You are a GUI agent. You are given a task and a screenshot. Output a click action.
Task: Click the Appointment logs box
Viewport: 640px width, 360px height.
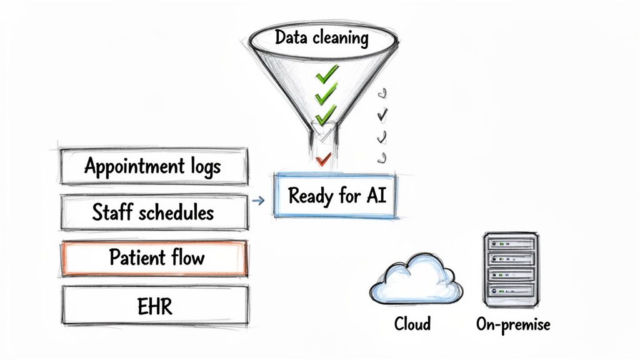(153, 166)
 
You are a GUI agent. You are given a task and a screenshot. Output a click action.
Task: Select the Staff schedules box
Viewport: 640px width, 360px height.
(153, 212)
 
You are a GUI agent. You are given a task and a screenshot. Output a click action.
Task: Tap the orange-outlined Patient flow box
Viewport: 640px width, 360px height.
(153, 257)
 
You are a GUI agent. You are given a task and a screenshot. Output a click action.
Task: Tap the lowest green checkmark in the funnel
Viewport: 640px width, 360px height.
(325, 116)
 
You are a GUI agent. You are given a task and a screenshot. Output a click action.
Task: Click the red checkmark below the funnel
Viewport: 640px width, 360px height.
(322, 161)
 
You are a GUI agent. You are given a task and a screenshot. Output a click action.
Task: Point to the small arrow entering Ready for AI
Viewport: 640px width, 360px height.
(257, 201)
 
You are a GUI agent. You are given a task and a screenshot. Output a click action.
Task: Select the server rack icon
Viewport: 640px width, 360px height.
(511, 269)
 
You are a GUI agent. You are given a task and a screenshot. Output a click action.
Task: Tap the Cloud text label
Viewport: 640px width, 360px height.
(412, 324)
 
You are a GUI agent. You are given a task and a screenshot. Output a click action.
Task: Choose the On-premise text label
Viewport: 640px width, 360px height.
(513, 325)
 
